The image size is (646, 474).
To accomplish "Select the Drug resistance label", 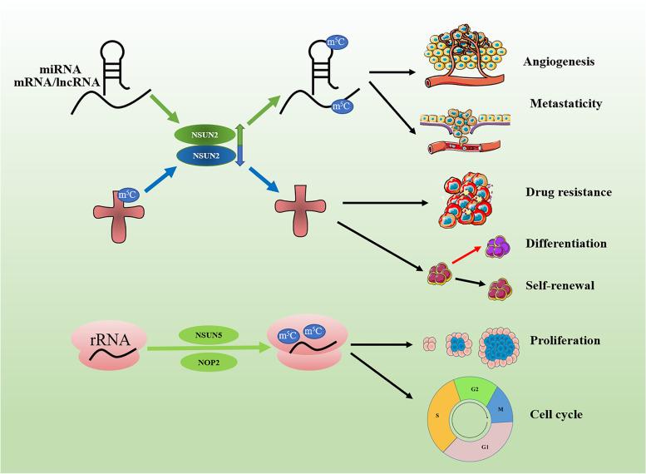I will click(568, 192).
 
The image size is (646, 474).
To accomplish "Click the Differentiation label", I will click(566, 244).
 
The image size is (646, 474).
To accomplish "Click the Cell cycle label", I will click(555, 413).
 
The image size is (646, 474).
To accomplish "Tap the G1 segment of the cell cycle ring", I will click(482, 453).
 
